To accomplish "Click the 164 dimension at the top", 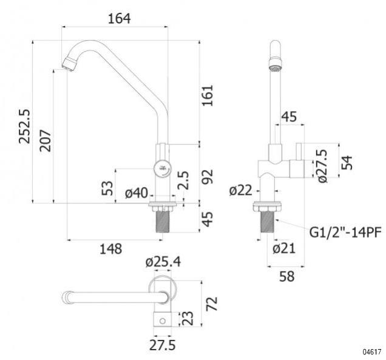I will click(120, 18).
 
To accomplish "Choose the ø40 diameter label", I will click(137, 192).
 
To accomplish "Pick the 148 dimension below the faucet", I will click(110, 248).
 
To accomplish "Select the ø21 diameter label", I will click(285, 248).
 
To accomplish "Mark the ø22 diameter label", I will click(241, 191).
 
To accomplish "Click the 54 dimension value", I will click(347, 163).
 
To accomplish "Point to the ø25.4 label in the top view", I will click(163, 262).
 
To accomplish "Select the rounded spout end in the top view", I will click(66, 297).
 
